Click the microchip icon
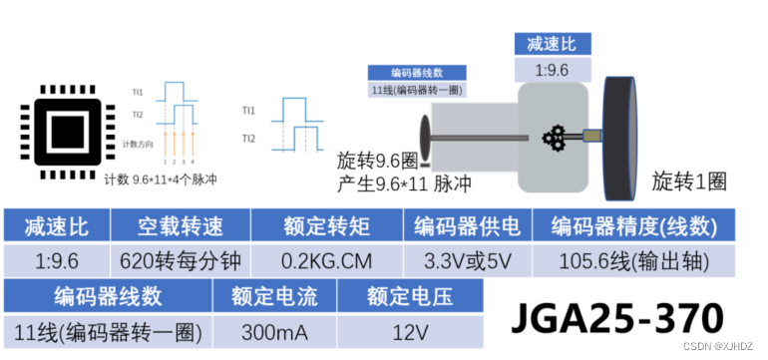65,130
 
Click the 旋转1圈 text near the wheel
688,181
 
